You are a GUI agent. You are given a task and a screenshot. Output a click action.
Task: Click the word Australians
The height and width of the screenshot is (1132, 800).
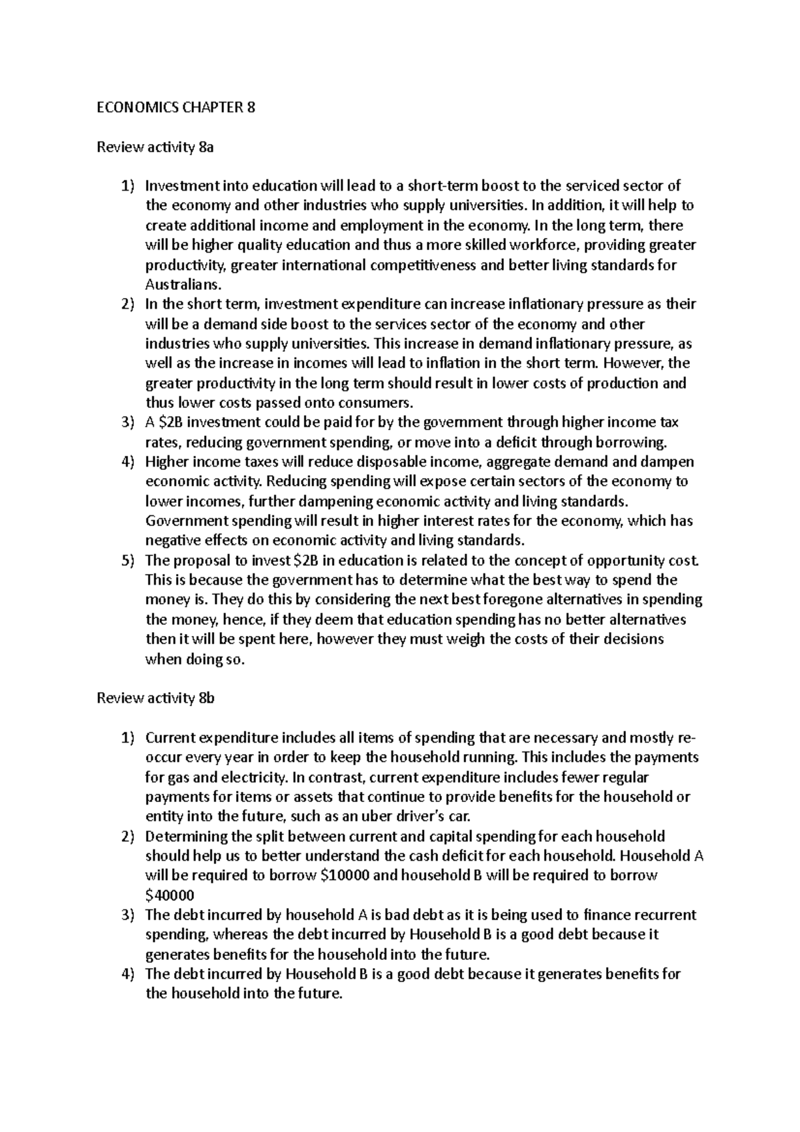(182, 285)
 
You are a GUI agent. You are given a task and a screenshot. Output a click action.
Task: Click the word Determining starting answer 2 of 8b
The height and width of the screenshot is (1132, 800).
(186, 836)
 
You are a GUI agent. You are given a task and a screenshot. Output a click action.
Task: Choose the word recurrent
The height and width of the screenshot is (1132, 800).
(667, 915)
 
